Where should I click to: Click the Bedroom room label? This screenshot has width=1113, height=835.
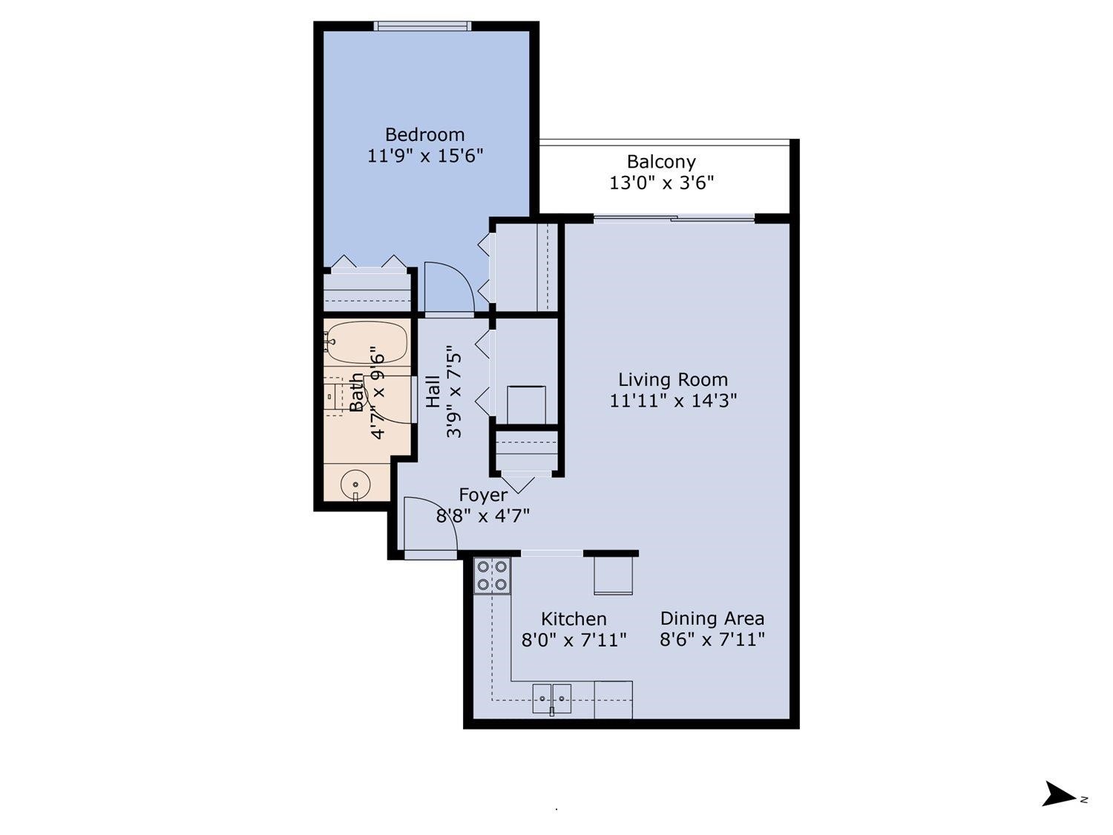pos(424,134)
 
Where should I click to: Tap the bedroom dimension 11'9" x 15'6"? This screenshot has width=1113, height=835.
pos(424,156)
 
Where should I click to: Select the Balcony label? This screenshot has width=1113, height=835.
pos(661,162)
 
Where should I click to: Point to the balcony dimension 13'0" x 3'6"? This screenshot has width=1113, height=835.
pos(661,183)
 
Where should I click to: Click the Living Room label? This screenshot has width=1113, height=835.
pos(673,380)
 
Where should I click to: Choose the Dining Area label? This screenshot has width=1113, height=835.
pos(712,618)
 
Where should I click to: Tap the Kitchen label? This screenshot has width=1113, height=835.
pos(574,618)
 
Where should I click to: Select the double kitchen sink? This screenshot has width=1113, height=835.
pos(551,698)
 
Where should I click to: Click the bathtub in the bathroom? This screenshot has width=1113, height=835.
pos(367,342)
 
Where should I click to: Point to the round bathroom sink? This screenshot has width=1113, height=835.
pos(355,485)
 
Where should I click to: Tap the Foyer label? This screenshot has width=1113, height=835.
pos(483,495)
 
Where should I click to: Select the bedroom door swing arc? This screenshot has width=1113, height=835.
pos(447,286)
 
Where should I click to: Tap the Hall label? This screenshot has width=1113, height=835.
pos(433,390)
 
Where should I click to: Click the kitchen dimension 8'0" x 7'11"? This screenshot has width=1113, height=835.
pos(574,639)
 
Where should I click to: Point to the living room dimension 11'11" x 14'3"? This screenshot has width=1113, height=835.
pos(673,401)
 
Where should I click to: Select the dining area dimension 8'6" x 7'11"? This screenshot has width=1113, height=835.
pos(712,639)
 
